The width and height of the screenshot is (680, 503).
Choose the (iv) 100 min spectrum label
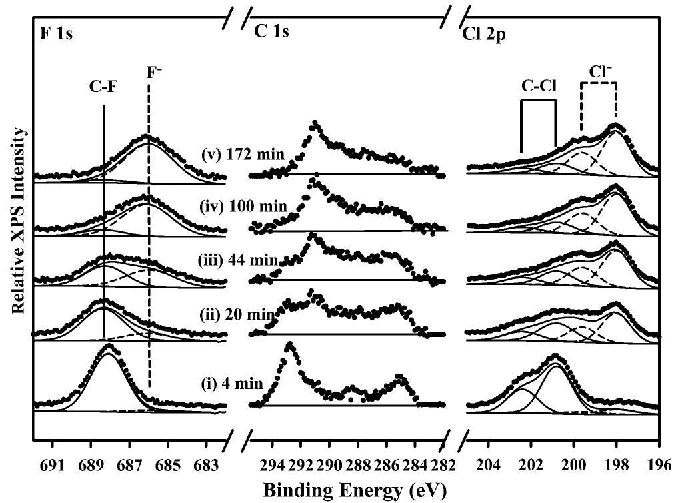click(244, 207)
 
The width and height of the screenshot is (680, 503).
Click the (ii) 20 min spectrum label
click(244, 314)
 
